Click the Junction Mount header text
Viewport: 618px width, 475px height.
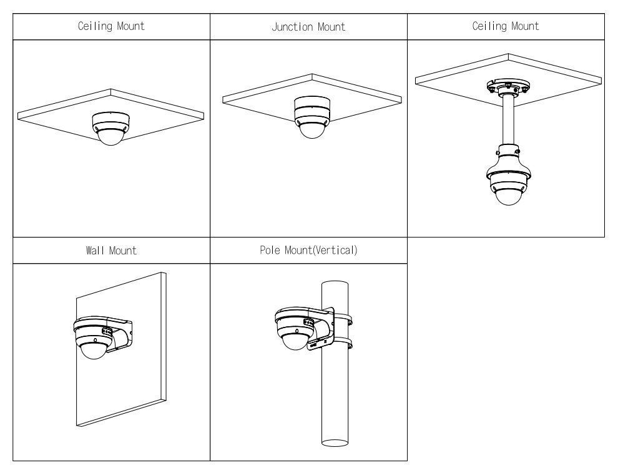pyautogui.click(x=308, y=27)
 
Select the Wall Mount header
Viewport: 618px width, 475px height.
pyautogui.click(x=111, y=251)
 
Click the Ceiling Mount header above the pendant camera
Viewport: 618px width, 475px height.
pyautogui.click(x=506, y=26)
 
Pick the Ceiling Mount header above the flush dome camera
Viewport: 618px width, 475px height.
pyautogui.click(x=111, y=26)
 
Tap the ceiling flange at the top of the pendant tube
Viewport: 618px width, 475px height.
pyautogui.click(x=506, y=86)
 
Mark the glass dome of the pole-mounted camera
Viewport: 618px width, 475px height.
pyautogui.click(x=293, y=341)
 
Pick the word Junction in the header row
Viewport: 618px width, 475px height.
pyautogui.click(x=292, y=27)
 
